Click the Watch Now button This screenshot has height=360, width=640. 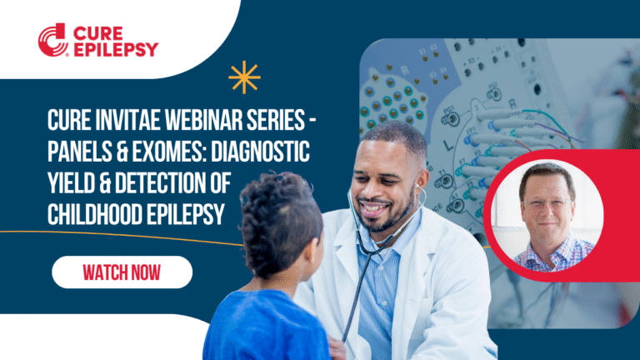tap(122, 272)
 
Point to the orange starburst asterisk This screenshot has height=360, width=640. tap(244, 77)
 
